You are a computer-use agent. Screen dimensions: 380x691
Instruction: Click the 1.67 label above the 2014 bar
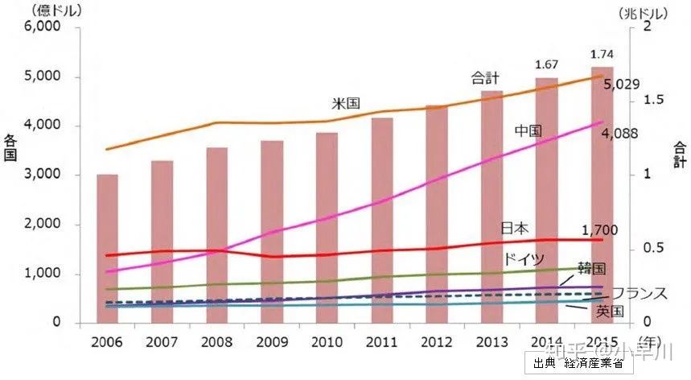[x=547, y=64]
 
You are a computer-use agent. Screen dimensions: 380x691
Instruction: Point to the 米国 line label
[x=345, y=104]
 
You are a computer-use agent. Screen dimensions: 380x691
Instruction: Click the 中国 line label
[x=528, y=130]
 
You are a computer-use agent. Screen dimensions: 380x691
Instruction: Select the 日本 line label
[x=515, y=228]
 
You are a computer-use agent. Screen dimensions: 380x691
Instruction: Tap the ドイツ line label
[x=524, y=258]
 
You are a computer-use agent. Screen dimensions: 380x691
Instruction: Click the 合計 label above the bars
[x=485, y=78]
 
